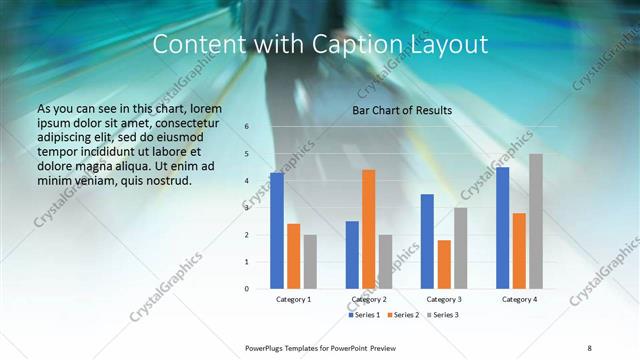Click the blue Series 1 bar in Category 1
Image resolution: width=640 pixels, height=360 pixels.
277,231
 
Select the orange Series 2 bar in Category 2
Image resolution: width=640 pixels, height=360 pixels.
368,229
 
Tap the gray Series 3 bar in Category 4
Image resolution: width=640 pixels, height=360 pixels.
536,221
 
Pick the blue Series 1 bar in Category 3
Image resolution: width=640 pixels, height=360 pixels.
427,241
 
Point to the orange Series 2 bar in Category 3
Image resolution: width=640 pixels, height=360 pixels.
444,264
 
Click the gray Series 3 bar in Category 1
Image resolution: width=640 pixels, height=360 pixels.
310,262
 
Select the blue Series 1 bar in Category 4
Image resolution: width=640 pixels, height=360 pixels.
502,228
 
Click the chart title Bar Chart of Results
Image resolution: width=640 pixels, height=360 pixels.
402,110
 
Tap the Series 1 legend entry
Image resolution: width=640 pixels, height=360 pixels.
365,315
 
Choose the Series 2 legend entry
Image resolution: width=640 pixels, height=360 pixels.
403,315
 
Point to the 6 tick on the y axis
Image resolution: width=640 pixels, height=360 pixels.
247,127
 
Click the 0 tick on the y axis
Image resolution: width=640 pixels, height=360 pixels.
247,289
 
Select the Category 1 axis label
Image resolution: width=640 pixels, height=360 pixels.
293,299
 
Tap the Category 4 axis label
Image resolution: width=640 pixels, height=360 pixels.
519,299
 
